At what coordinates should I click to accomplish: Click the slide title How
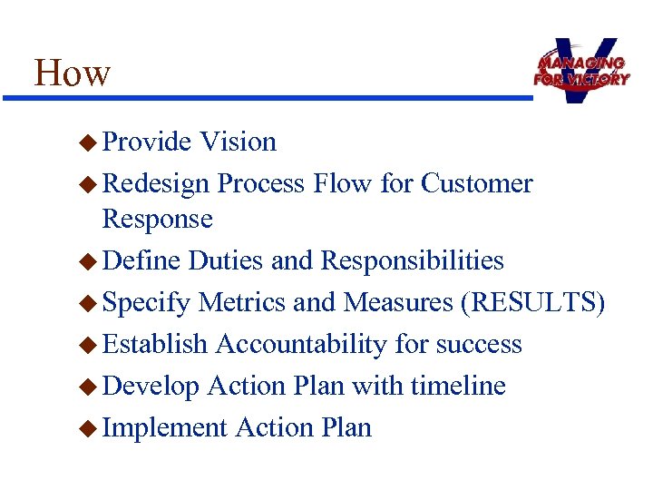(x=73, y=73)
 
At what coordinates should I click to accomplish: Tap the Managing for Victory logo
(x=580, y=70)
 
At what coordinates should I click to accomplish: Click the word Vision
(x=238, y=142)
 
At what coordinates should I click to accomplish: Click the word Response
(x=157, y=219)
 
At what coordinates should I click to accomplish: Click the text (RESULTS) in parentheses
(x=532, y=302)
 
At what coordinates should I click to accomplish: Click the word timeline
(x=458, y=386)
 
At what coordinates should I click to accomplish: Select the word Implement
(x=164, y=427)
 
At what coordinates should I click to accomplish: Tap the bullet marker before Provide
(x=87, y=142)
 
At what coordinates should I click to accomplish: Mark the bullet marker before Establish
(x=87, y=345)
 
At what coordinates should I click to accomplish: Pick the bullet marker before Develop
(x=87, y=387)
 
